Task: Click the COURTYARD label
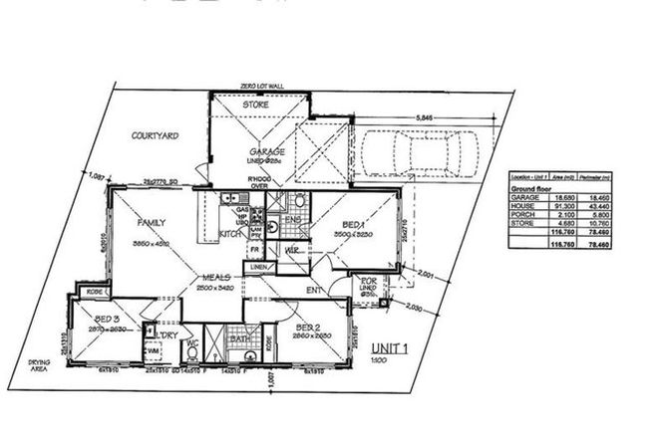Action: [155, 134]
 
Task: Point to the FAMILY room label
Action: [152, 223]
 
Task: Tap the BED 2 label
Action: [307, 327]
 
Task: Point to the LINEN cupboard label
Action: [258, 268]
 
